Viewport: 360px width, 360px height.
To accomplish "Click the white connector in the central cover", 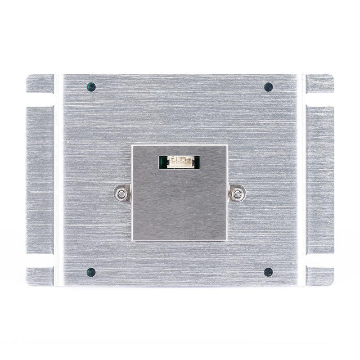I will [x=179, y=162].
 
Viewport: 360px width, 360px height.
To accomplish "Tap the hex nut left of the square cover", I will [x=121, y=193].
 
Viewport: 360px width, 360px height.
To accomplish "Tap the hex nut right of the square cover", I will [x=237, y=193].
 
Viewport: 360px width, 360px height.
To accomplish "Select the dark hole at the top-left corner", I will [x=91, y=87].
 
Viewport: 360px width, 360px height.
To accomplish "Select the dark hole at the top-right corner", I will [x=268, y=87].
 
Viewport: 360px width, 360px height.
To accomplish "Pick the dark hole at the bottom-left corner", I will [x=91, y=272].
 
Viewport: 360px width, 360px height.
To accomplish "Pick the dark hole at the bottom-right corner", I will [x=268, y=272].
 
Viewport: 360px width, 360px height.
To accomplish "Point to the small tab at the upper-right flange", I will [x=320, y=83].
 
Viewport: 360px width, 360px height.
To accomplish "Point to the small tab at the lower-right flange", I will [x=320, y=276].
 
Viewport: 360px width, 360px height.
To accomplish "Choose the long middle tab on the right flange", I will [x=320, y=180].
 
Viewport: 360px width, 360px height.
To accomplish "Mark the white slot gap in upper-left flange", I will [x=40, y=99].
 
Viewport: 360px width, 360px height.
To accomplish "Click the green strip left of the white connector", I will [x=163, y=162].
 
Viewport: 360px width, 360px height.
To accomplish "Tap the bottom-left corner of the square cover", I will [x=133, y=240].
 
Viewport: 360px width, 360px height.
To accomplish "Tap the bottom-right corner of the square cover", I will [x=226, y=240].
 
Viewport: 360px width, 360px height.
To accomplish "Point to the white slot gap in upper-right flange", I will [x=319, y=99].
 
